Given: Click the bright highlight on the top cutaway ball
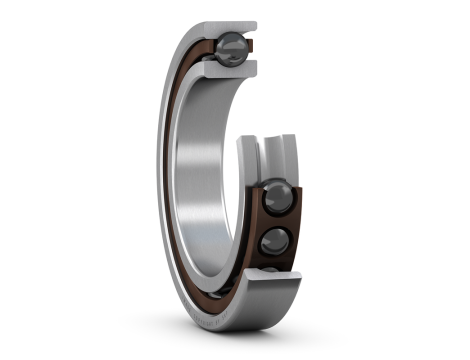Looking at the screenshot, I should [x=227, y=41].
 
